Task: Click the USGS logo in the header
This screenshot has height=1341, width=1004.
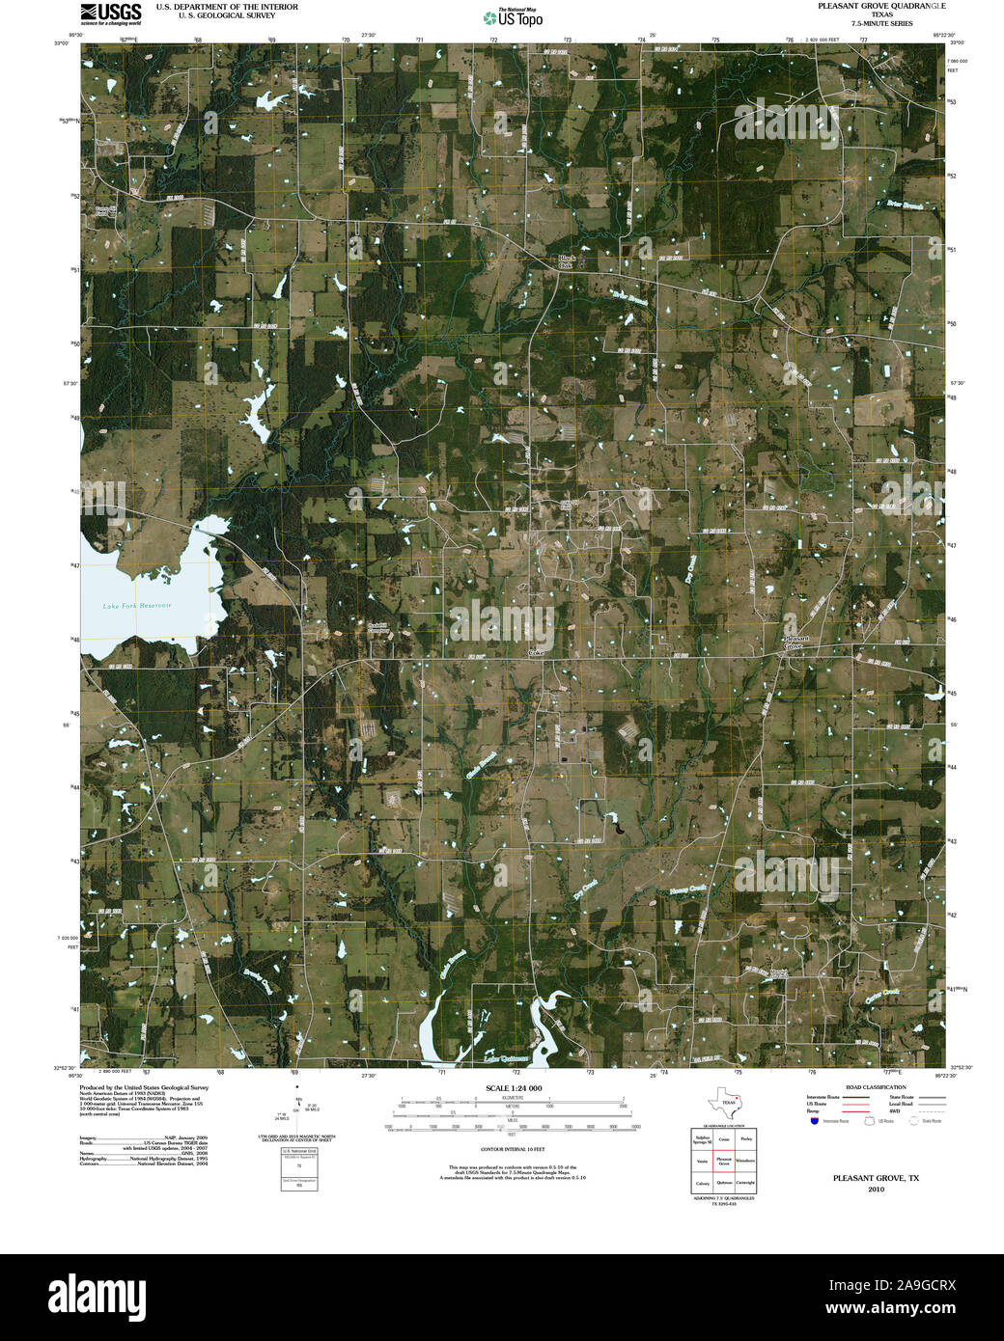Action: pos(111,13)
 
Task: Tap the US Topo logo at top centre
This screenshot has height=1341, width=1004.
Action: pos(512,17)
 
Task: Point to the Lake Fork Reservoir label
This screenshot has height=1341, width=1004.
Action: pos(137,605)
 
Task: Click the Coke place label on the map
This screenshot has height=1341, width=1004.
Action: pos(536,653)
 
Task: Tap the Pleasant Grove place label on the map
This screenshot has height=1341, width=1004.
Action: pos(795,642)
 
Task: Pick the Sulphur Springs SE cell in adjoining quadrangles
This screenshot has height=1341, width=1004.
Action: pos(702,1139)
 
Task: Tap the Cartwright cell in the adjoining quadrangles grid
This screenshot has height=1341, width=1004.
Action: pos(745,1183)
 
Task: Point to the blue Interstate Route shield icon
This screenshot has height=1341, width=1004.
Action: pos(814,1121)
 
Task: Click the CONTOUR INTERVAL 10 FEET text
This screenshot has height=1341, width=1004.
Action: pos(513,1150)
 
